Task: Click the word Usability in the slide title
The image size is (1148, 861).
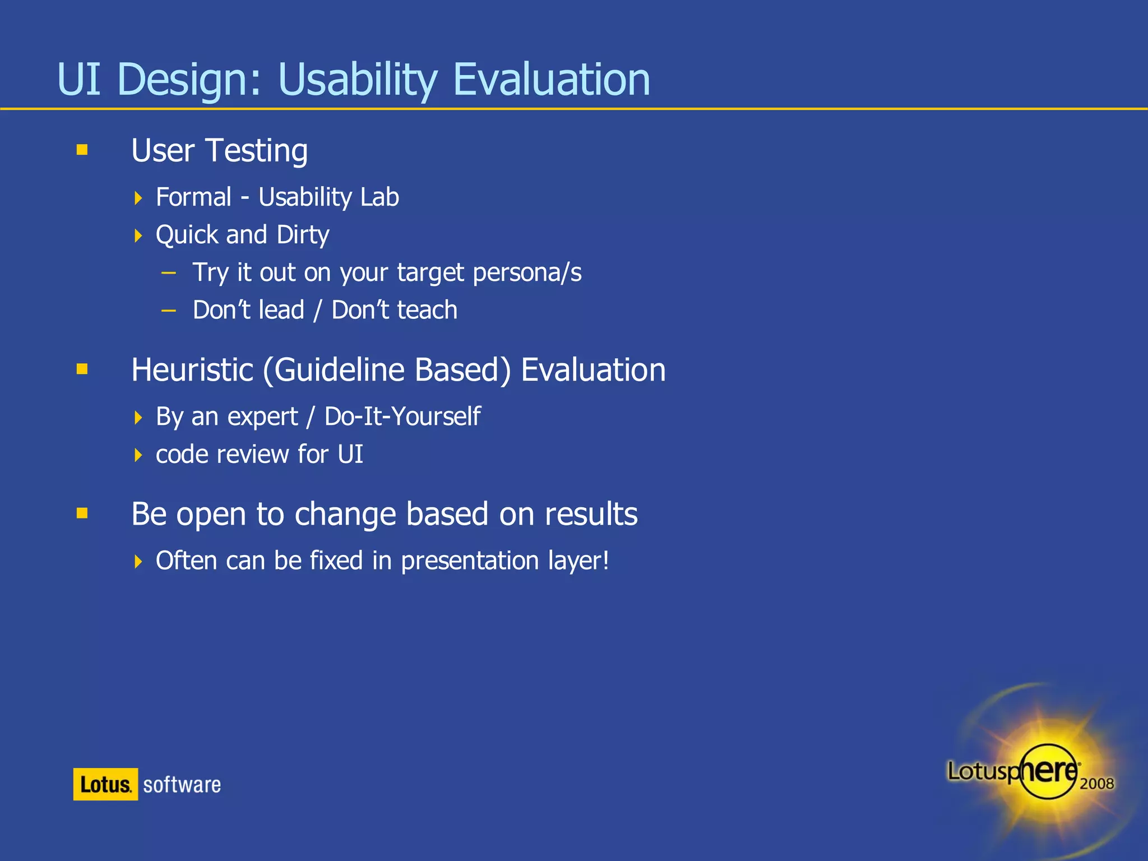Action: click(x=357, y=80)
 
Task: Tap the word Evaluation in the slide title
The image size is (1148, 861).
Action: click(x=551, y=80)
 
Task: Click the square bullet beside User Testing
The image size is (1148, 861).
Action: click(x=82, y=149)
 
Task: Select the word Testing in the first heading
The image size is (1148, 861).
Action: click(x=257, y=151)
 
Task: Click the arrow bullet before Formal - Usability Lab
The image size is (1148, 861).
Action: click(x=138, y=198)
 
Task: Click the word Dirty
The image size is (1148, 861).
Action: click(x=303, y=235)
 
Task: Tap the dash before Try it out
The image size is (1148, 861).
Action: click(x=168, y=273)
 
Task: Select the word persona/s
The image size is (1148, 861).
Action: click(x=527, y=274)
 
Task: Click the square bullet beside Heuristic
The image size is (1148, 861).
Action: click(x=82, y=369)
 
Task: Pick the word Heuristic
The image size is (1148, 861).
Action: click(x=192, y=370)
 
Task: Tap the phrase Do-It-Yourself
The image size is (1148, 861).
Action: click(x=402, y=416)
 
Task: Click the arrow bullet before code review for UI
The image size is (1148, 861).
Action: click(x=138, y=455)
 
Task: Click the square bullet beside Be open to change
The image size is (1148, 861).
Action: click(x=82, y=513)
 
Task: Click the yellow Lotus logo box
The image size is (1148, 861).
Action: click(x=105, y=784)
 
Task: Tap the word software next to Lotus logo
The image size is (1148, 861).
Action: click(x=182, y=785)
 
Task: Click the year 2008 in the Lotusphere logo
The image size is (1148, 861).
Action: click(x=1096, y=783)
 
